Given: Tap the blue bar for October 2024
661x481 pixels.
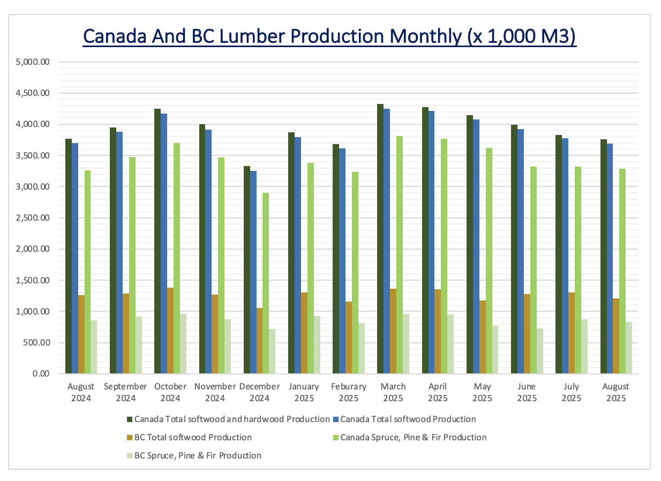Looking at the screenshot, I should click(x=164, y=244).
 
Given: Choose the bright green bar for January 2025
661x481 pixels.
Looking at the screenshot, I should click(x=311, y=268).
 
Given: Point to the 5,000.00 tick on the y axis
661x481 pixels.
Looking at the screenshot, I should click(x=33, y=62).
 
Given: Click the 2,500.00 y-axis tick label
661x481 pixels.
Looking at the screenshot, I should click(x=33, y=218).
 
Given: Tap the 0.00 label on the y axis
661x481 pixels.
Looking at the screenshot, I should click(x=40, y=373).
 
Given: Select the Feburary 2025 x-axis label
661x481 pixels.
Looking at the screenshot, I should click(x=349, y=392).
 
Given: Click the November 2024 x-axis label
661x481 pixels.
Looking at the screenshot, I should click(x=215, y=392).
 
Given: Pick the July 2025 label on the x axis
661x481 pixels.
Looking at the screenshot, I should click(x=572, y=392).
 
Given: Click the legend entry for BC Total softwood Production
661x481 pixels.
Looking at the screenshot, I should click(x=193, y=437).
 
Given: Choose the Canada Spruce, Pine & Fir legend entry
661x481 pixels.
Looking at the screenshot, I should click(x=413, y=437).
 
